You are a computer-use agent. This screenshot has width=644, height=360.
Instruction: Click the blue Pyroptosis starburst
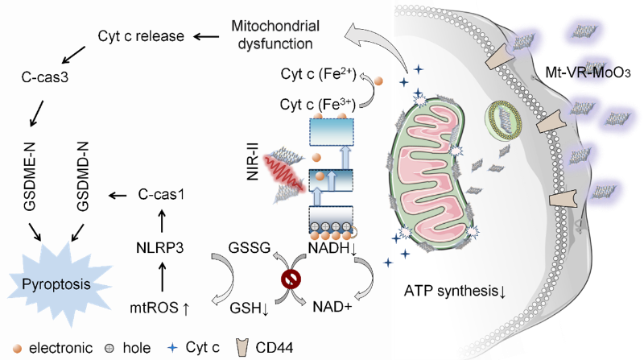(53, 283)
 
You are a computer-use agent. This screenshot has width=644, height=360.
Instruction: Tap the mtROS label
(160, 306)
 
